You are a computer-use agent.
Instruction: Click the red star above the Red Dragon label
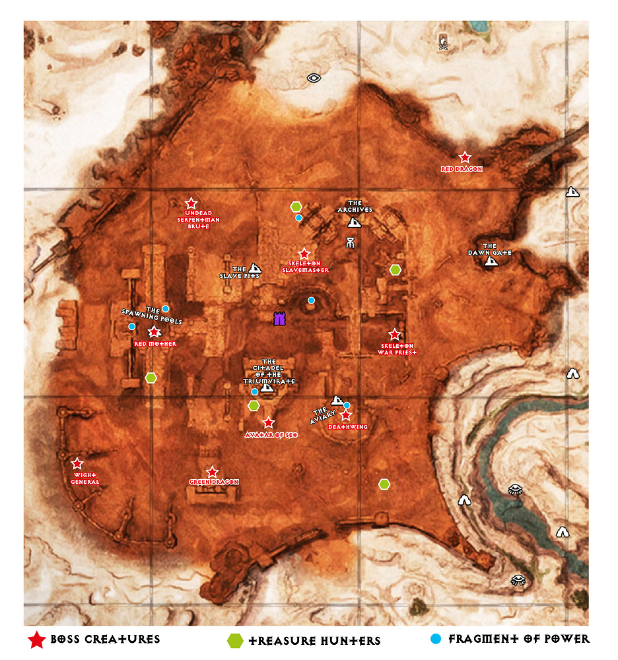(x=465, y=157)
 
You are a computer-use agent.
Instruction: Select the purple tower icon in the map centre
(x=280, y=319)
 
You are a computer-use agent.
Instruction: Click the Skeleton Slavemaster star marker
(x=304, y=254)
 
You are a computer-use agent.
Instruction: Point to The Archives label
(x=355, y=207)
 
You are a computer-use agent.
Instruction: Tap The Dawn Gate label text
(x=490, y=249)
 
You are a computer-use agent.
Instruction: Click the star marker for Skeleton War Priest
(x=395, y=335)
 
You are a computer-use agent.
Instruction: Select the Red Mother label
(x=155, y=344)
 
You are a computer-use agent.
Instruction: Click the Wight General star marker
(x=77, y=463)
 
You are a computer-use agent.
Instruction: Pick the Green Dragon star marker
(x=212, y=472)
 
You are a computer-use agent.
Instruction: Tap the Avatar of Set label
(x=271, y=435)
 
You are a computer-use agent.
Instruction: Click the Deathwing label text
(x=348, y=427)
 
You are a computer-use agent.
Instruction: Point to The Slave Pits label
(x=240, y=273)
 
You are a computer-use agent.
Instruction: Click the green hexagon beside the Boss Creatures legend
(x=234, y=640)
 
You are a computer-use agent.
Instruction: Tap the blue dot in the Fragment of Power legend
(x=435, y=639)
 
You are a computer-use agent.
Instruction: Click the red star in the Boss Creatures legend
(x=37, y=640)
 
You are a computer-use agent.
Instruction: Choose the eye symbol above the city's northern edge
(x=314, y=78)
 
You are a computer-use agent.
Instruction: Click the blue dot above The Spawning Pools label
(x=166, y=308)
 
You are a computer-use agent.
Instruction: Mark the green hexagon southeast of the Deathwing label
(x=384, y=484)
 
